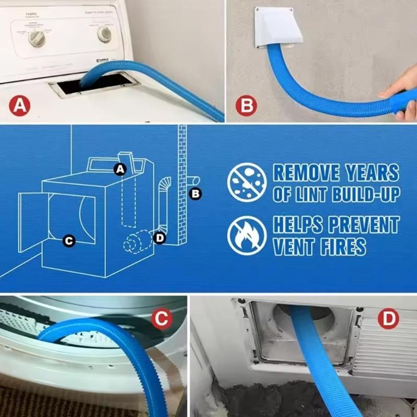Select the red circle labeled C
click(x=162, y=318)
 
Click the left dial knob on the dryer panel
click(x=37, y=38)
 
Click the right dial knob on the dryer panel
click(x=104, y=34)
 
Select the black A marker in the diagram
click(x=120, y=168)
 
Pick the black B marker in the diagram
click(x=196, y=194)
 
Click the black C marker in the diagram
click(x=68, y=240)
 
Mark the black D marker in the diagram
click(x=160, y=238)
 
